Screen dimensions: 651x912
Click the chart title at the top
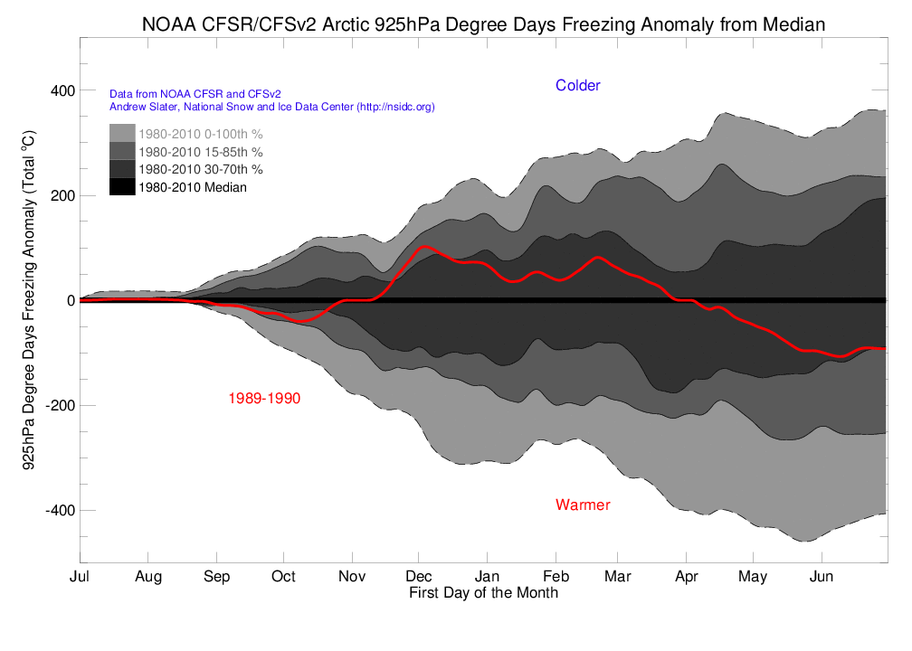[483, 24]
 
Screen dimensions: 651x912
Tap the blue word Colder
[577, 85]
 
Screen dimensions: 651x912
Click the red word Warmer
[583, 505]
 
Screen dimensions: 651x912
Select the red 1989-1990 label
[264, 398]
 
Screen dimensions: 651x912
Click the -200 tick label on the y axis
[59, 405]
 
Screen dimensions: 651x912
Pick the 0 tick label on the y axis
[69, 300]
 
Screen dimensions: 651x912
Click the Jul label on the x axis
[81, 576]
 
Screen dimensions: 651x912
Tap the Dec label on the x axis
[419, 576]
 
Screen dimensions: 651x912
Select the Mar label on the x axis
[618, 576]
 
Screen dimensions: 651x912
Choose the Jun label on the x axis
[821, 576]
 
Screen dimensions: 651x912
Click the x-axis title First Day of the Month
[483, 593]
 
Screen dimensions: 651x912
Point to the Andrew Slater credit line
[271, 107]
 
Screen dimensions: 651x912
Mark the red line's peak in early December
[425, 246]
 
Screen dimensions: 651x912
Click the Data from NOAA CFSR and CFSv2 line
[194, 93]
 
